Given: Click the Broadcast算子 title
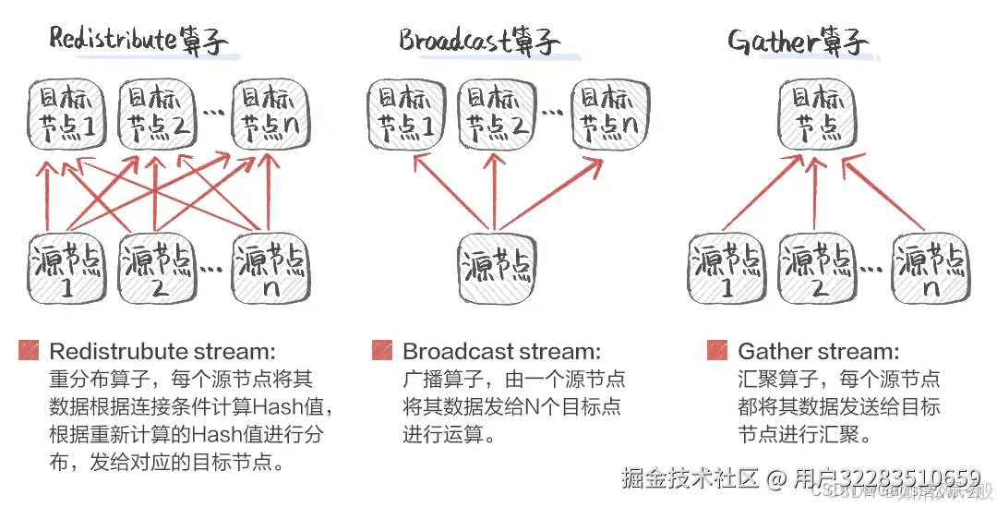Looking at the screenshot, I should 478,40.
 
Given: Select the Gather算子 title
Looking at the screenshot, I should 798,42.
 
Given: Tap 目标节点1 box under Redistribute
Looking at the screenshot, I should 65,114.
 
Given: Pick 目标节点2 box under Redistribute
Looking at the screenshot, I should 158,114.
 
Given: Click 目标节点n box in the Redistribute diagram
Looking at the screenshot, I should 270,114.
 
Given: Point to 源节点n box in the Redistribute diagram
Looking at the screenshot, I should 270,268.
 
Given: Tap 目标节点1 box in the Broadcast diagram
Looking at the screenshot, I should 404,114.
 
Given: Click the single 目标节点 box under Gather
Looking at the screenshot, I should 813,114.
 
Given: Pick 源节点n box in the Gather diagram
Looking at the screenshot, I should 932,268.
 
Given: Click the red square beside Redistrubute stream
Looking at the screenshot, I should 30,351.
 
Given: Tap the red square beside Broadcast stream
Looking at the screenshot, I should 382,351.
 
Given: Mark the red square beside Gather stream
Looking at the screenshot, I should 717,351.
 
